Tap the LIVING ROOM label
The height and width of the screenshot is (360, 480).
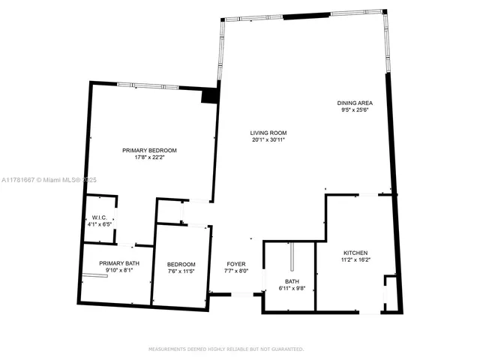268,133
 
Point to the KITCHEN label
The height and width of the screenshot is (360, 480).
356,253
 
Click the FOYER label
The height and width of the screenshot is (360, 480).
236,265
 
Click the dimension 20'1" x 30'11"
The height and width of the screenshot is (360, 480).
268,139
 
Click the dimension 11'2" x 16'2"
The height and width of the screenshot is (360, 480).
356,259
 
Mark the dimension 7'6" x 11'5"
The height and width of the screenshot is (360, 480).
181,271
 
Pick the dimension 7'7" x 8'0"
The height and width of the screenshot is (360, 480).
236,271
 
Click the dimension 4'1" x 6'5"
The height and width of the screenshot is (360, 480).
99,224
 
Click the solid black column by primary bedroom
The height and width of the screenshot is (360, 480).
210,95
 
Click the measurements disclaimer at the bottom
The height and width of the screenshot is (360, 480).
226,349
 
